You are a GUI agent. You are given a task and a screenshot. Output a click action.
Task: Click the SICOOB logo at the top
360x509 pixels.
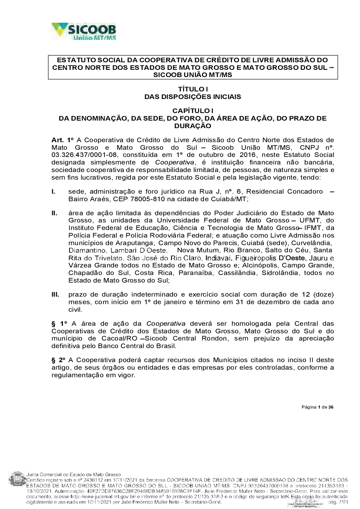click(84, 32)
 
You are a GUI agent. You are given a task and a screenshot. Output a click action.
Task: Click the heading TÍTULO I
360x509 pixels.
click(193, 89)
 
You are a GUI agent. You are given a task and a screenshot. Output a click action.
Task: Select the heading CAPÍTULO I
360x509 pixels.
click(193, 111)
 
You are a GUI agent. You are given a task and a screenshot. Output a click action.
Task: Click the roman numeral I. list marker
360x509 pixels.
click(54, 192)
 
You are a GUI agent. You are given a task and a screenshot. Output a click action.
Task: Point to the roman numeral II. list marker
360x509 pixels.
click(54, 213)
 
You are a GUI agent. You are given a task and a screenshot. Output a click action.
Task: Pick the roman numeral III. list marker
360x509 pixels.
click(55, 294)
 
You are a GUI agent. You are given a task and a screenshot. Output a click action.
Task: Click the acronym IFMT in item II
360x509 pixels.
click(312, 228)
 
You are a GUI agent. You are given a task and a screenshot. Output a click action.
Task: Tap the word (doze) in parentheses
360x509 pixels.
click(323, 294)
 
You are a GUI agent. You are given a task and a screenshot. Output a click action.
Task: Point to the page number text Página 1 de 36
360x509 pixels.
click(317, 407)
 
